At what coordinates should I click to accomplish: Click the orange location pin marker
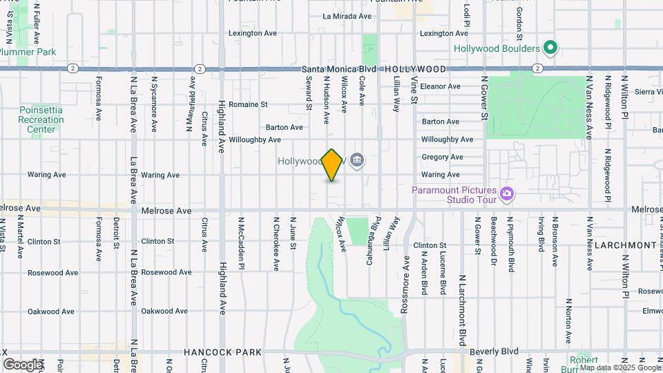332,164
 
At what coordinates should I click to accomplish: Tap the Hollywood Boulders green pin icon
550,48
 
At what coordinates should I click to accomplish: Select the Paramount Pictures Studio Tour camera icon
508,194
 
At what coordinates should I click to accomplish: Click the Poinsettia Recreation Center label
41,119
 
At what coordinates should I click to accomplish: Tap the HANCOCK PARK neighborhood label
223,352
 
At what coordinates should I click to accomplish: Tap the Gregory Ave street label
442,157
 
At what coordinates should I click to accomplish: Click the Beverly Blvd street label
494,352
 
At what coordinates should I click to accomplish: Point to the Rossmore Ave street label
407,275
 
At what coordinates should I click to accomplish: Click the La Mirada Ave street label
347,15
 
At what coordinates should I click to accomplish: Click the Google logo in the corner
23,365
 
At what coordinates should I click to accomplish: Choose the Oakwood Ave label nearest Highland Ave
164,312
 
